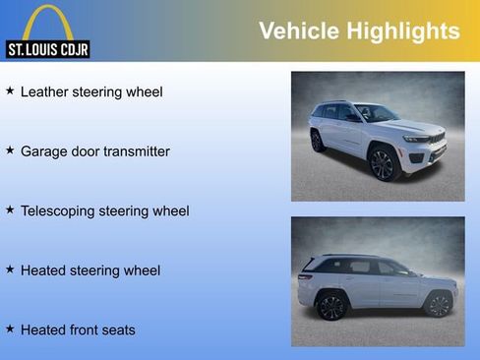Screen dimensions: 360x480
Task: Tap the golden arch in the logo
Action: click(47, 22)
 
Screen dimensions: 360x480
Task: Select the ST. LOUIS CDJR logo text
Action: click(47, 49)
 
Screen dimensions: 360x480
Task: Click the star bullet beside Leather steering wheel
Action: click(10, 90)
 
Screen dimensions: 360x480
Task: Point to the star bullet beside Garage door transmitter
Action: click(10, 150)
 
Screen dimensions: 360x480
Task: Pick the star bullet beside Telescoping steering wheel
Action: click(10, 210)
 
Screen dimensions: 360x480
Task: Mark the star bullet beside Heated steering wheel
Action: click(10, 269)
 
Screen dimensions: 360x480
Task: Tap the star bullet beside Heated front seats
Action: click(10, 329)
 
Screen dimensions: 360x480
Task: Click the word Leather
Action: click(45, 92)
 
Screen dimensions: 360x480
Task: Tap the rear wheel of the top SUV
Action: click(317, 141)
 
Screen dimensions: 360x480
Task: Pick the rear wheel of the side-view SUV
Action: click(331, 307)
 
